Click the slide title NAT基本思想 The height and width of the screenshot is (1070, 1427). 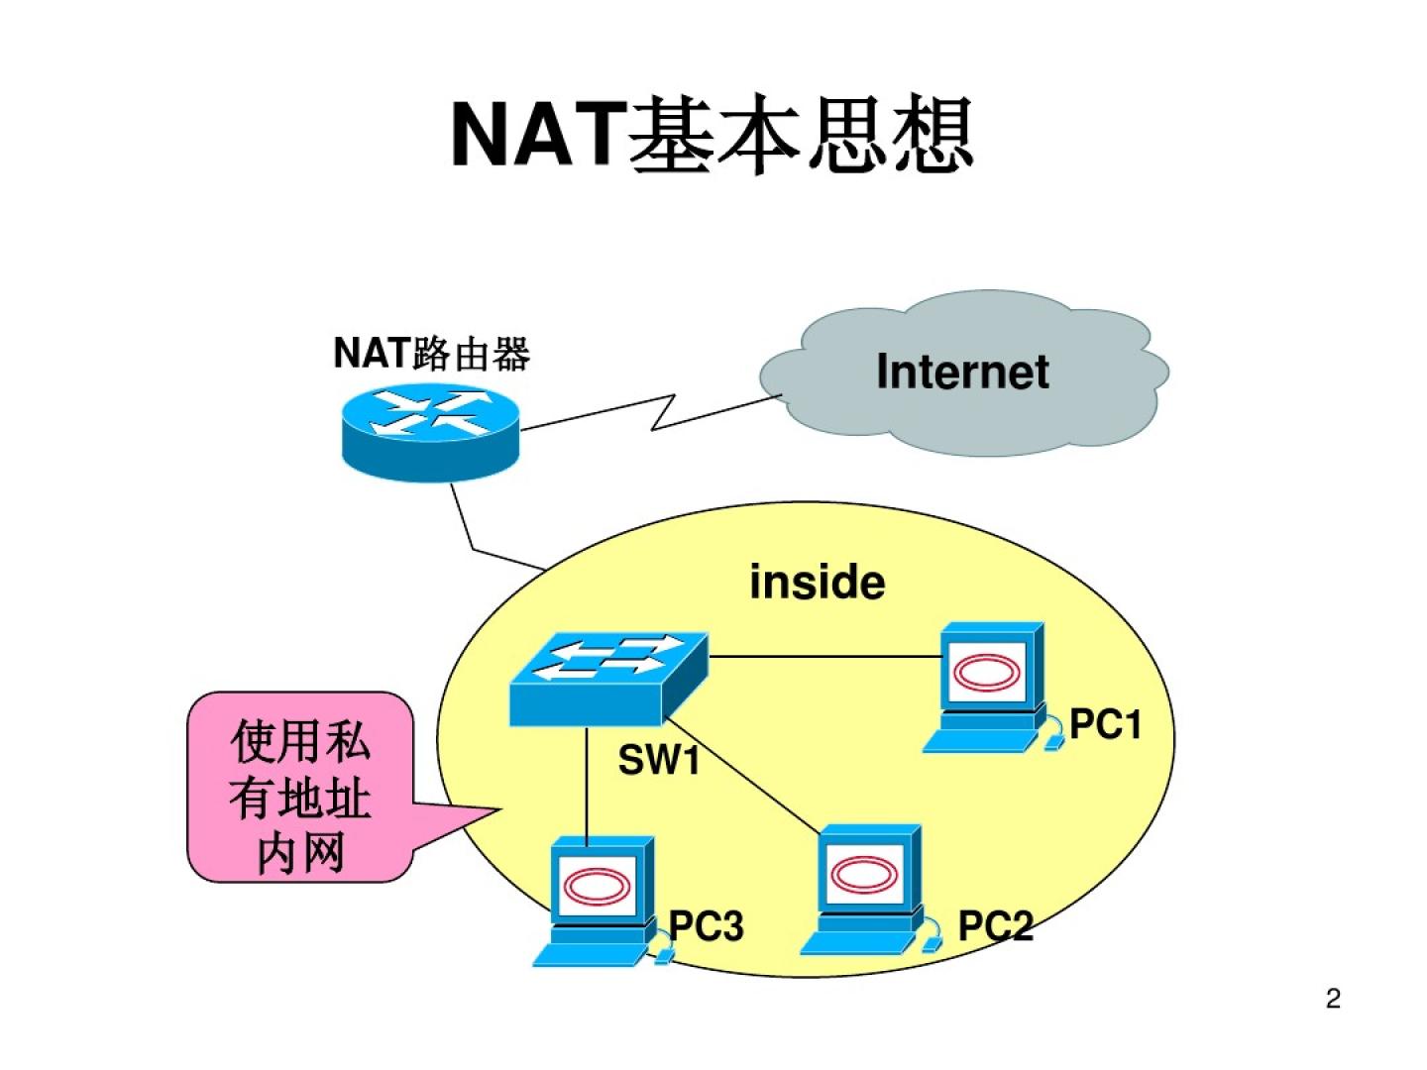point(712,136)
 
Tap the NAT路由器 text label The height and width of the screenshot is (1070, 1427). point(431,353)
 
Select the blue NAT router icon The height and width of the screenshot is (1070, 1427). point(430,433)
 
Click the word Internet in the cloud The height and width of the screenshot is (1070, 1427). point(962,373)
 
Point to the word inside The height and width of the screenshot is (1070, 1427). point(817,582)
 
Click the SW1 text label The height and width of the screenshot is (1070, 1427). point(659,761)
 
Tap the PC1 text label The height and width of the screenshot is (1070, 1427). point(1105,725)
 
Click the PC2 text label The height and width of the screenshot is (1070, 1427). point(995,926)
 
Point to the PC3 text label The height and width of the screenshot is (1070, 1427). point(706,926)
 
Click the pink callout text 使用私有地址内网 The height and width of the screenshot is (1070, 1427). point(299,797)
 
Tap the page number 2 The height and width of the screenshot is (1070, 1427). point(1333,999)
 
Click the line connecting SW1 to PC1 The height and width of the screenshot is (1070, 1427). point(823,657)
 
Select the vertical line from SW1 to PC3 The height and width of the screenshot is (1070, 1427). point(587,788)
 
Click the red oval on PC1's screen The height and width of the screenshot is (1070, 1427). point(986,673)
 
